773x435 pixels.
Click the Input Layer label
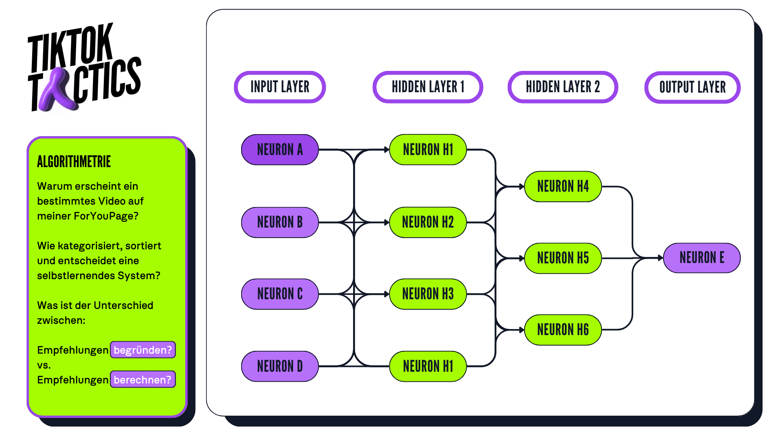[280, 87]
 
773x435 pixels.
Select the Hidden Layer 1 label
[428, 87]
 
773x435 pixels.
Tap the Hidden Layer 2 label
[562, 87]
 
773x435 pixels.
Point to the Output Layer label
[692, 87]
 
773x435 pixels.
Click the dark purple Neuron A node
[280, 150]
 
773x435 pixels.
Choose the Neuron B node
[280, 222]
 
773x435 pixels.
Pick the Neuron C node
[280, 294]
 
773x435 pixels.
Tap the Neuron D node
[280, 366]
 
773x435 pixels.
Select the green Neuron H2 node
[428, 222]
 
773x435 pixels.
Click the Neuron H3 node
[428, 294]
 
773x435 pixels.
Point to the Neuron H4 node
[563, 186]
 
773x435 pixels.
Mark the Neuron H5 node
[563, 258]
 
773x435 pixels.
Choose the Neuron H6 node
[563, 330]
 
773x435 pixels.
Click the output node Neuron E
[702, 258]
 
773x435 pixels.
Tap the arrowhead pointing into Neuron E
[660, 258]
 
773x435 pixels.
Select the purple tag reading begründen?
[143, 350]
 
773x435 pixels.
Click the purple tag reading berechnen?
[143, 379]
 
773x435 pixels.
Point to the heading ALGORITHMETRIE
[74, 162]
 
